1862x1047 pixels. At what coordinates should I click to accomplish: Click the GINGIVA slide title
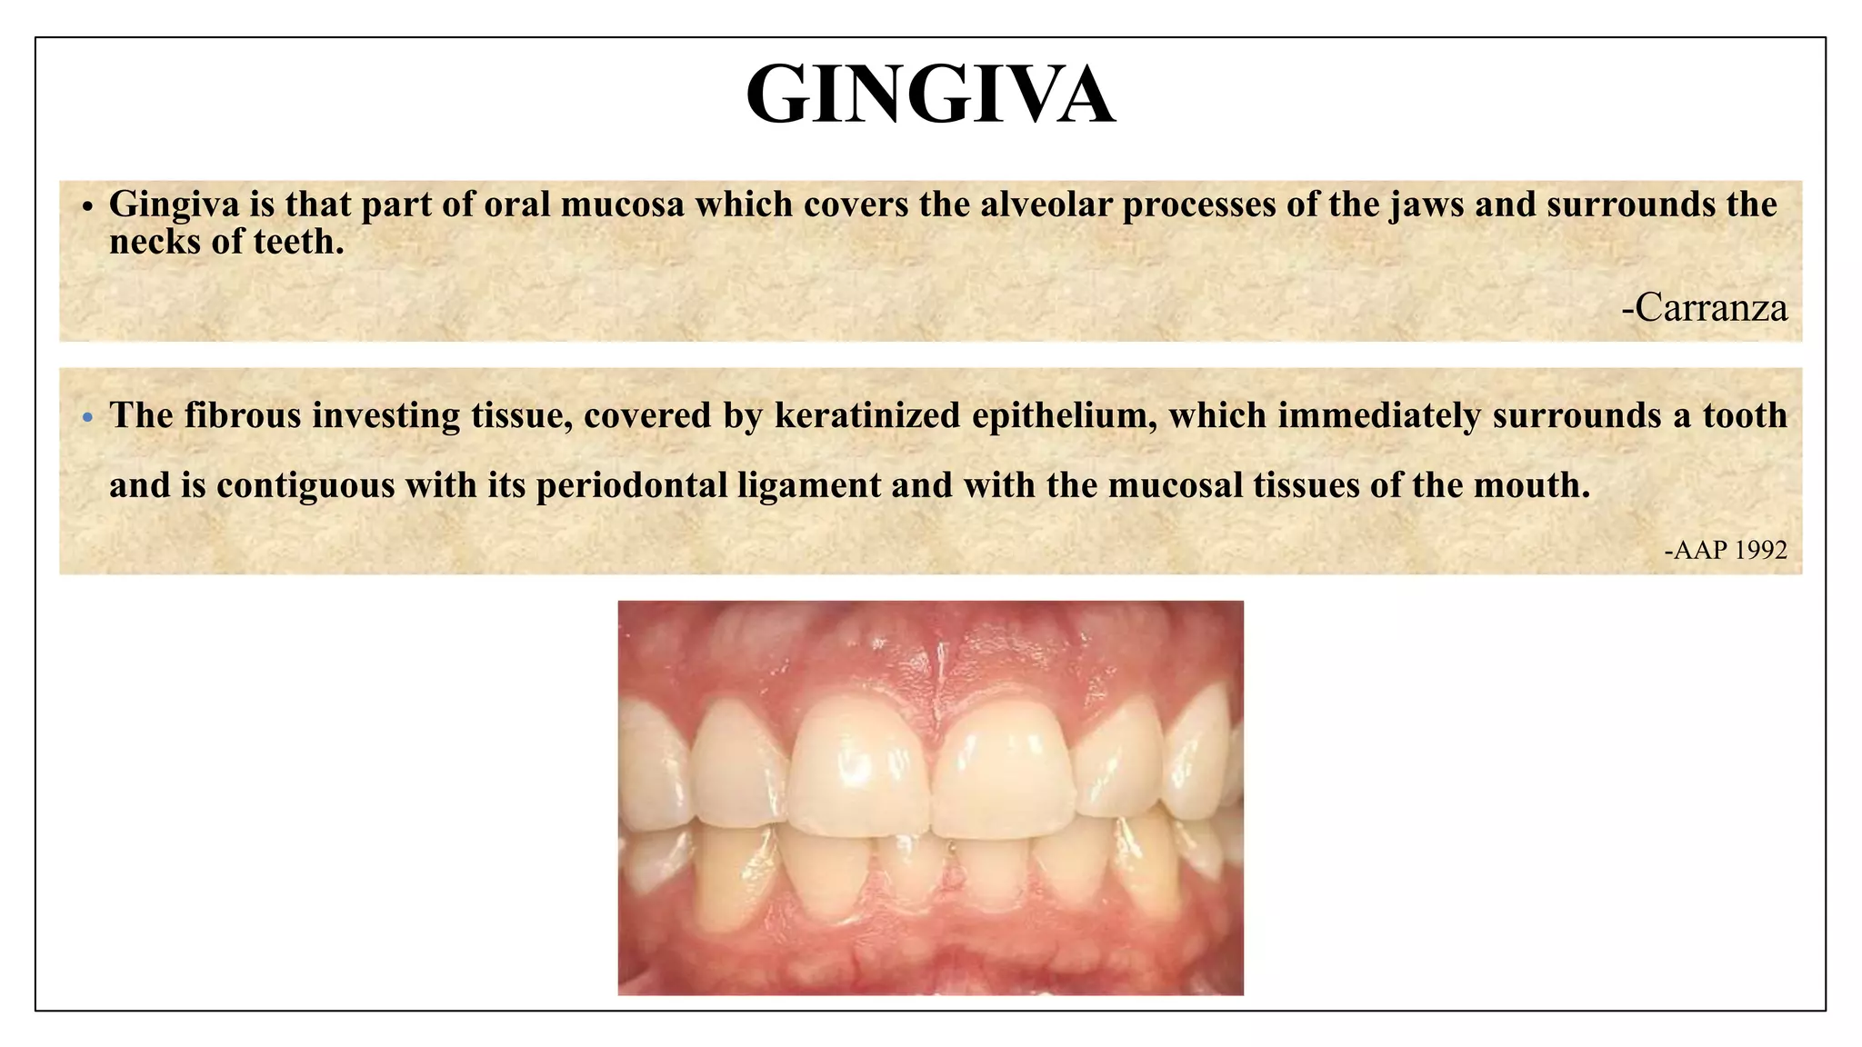coord(930,95)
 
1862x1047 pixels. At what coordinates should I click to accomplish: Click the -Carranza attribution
coord(1705,308)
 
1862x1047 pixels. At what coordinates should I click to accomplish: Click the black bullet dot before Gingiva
coord(87,208)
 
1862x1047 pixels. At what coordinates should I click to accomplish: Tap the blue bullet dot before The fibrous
coord(87,418)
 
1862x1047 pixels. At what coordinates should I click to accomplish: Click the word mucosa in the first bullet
coord(622,204)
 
